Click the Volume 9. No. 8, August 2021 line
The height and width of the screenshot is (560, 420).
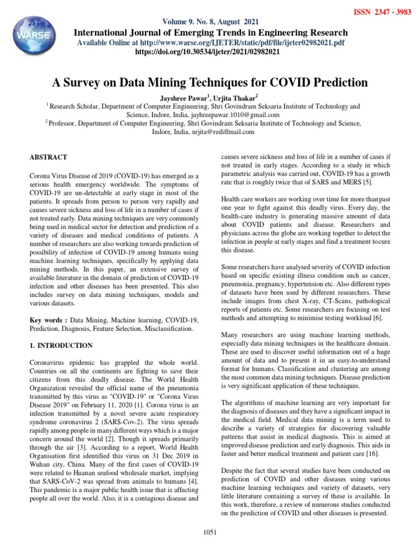click(x=210, y=22)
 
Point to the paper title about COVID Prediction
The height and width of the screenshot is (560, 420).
click(x=210, y=83)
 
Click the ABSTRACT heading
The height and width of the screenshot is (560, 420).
click(x=49, y=157)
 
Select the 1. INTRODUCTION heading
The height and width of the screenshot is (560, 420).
click(x=61, y=345)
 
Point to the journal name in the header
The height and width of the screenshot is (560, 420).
click(x=211, y=32)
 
